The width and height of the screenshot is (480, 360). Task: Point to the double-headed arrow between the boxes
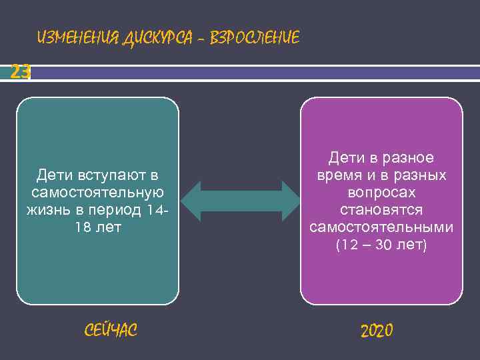coord(240,200)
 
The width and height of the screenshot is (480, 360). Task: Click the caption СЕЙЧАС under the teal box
coord(111,329)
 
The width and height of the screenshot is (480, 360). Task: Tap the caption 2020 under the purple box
coord(377,330)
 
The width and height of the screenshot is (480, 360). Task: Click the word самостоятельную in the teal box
coord(97,193)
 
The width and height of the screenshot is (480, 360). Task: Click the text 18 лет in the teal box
coord(98,227)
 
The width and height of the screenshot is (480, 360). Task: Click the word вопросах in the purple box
coord(381,193)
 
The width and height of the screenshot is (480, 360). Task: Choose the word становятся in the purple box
coord(381,210)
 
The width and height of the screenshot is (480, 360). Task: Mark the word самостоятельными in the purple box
coord(381,227)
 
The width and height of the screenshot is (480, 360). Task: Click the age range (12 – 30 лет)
coord(381,245)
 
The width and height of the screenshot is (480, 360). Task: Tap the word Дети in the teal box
coord(55,175)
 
